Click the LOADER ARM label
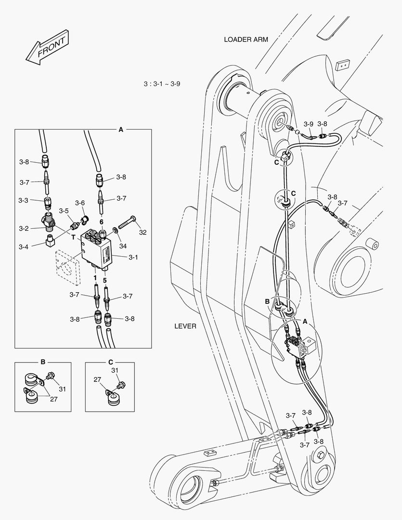click(x=246, y=39)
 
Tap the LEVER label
click(x=185, y=326)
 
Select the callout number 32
click(x=143, y=232)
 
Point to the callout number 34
click(x=123, y=247)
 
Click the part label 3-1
click(x=133, y=257)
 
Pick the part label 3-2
click(x=24, y=228)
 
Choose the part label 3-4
click(x=24, y=247)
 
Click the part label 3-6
click(x=80, y=203)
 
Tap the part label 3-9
click(x=308, y=124)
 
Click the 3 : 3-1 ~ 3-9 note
click(x=162, y=84)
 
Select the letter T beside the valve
click(x=74, y=237)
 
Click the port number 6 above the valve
click(x=102, y=221)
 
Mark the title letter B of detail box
click(x=42, y=362)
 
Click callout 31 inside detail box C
click(x=115, y=370)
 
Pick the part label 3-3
click(x=24, y=200)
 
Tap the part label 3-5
click(x=64, y=211)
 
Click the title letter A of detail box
click(x=121, y=130)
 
